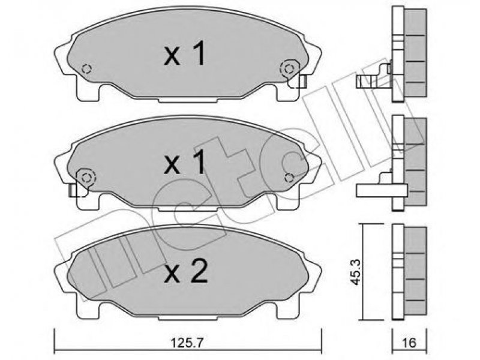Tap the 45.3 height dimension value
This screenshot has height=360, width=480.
point(355,272)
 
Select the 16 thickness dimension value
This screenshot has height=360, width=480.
point(409,343)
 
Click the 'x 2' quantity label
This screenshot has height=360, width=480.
point(185,271)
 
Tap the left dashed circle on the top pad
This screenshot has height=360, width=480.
point(86,69)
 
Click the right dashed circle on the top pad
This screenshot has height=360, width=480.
point(289,69)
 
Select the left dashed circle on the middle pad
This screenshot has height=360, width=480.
point(86,178)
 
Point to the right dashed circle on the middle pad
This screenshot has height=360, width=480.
point(289,177)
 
